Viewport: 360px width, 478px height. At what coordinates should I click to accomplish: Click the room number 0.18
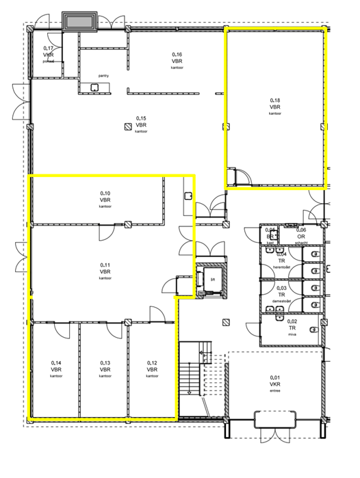coord(275,101)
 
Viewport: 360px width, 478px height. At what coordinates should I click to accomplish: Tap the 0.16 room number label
coord(176,54)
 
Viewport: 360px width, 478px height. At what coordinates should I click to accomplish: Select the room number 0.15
coord(141,118)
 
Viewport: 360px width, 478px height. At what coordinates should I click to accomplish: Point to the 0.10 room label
coord(105,193)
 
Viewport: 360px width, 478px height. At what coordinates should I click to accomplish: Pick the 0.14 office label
coord(56,363)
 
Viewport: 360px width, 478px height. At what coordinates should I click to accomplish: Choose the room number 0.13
coord(105,363)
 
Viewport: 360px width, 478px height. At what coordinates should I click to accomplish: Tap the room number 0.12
coord(152,363)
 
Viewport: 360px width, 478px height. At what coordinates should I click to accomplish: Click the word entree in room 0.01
coord(275,392)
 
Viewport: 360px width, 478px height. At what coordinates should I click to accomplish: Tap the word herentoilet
coord(282,266)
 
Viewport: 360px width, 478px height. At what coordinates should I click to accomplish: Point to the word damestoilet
coord(282,302)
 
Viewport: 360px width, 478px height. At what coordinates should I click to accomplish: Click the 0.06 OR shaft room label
coord(301,230)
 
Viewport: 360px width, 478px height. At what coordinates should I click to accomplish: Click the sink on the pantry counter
coord(94,87)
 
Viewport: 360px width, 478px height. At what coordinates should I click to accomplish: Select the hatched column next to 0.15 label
coord(127,127)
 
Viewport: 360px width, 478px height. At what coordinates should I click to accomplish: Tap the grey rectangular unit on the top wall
coord(81,22)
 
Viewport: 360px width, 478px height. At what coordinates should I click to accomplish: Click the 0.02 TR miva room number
coord(292,321)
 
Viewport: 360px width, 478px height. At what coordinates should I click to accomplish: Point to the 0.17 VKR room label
coord(49,48)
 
